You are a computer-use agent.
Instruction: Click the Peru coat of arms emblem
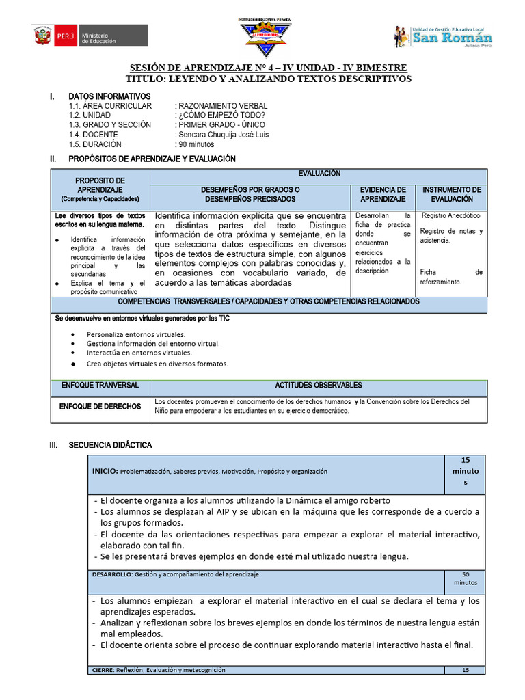(42, 36)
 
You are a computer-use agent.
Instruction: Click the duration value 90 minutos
(196, 144)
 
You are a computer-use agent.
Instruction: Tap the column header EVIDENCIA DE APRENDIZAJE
(383, 194)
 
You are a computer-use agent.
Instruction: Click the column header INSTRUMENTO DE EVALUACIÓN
(451, 194)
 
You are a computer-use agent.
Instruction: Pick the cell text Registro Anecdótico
(451, 216)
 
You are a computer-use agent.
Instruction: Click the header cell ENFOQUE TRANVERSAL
(100, 386)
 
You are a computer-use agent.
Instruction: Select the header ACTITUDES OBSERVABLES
(319, 386)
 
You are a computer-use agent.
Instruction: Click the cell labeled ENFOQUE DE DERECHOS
(100, 407)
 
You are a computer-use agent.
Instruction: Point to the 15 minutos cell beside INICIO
(465, 471)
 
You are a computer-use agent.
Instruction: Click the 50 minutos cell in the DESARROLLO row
(465, 578)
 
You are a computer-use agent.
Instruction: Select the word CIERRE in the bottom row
(102, 670)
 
